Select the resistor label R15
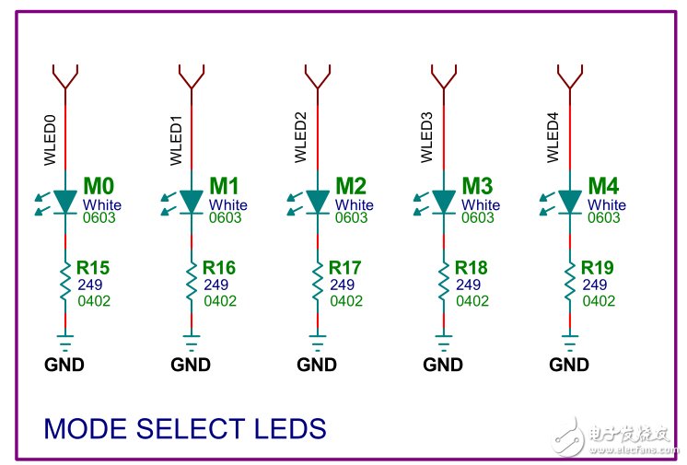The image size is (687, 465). point(93,268)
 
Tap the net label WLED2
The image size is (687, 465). point(301,137)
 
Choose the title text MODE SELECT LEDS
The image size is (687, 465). point(185,428)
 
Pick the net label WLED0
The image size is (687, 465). point(50,137)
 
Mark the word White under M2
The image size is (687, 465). point(355,204)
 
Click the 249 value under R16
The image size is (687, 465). point(215,285)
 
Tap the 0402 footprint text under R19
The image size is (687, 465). point(598,300)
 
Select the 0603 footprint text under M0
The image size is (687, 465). point(99,218)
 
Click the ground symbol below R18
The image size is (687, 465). point(443,345)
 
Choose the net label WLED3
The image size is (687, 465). point(427,137)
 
